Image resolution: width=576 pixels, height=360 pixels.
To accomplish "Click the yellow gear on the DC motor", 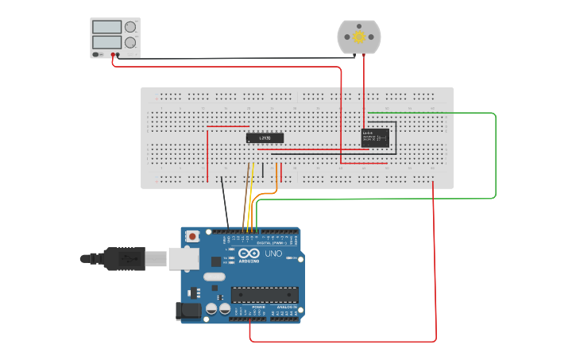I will point(359,37).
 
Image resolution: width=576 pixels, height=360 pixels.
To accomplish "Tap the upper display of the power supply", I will point(106,27).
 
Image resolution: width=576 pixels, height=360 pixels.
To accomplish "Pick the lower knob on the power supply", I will point(130,42).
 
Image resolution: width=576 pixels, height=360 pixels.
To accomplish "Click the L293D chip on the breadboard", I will point(265,137).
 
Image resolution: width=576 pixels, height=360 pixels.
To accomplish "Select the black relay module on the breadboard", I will point(375,137).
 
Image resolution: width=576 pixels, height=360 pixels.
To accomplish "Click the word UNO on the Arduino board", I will point(273,254).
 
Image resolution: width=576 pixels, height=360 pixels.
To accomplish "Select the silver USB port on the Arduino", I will point(183,257).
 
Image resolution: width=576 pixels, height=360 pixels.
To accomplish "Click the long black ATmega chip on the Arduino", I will point(265,295).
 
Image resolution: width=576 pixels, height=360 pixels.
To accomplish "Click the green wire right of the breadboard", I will point(496,155).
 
